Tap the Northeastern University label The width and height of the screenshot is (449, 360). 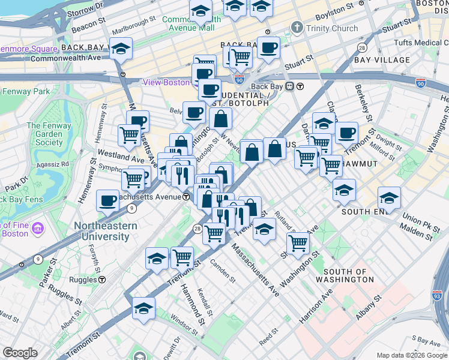coord(105,231)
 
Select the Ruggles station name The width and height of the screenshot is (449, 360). coord(83,280)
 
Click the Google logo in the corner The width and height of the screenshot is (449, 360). coord(20,353)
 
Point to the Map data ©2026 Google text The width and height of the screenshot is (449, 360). coord(412,355)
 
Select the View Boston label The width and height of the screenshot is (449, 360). coord(166,82)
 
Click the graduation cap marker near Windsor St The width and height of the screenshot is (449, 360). coord(144,309)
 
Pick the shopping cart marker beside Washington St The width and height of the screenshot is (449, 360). coord(298,243)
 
